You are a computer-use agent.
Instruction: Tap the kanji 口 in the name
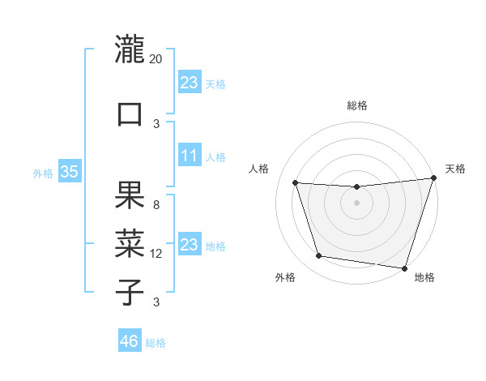click(x=130, y=113)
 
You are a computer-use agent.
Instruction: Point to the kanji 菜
click(x=130, y=242)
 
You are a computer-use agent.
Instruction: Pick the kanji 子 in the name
click(x=130, y=291)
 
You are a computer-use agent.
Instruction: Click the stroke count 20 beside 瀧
click(x=156, y=59)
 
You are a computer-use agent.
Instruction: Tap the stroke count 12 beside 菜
click(x=156, y=254)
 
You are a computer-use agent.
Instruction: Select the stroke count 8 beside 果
click(x=156, y=205)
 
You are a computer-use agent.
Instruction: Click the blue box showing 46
click(x=130, y=341)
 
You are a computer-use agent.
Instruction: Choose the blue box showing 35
click(x=69, y=172)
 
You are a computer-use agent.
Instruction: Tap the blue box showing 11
click(x=190, y=156)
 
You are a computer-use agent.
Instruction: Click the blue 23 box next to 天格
click(x=190, y=83)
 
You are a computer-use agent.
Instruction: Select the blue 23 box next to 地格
click(x=190, y=245)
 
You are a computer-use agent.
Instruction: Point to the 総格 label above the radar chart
click(x=356, y=105)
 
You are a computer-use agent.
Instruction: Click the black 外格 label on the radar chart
click(x=285, y=278)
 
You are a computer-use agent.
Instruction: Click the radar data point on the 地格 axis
click(x=403, y=268)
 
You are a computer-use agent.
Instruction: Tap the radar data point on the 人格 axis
click(x=296, y=183)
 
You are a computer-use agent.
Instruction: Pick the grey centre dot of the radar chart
click(x=356, y=203)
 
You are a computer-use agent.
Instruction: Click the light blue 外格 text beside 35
click(x=42, y=173)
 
